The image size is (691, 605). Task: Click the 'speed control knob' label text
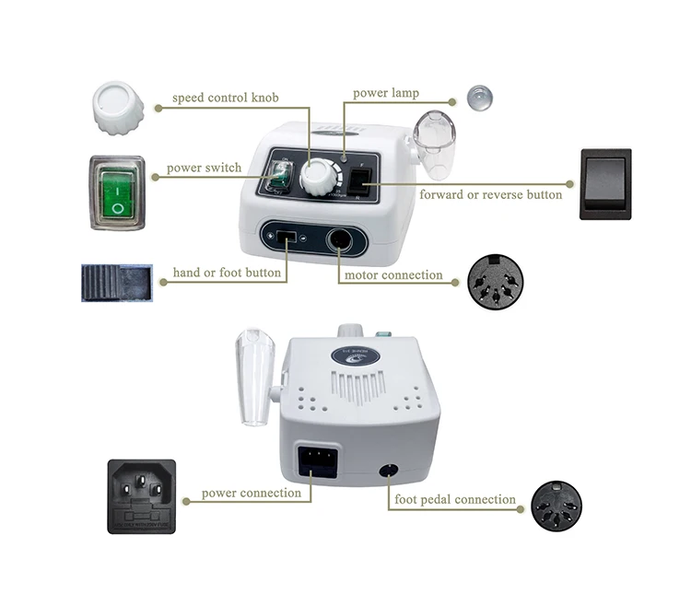pyautogui.click(x=225, y=98)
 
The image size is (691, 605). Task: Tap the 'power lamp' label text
pyautogui.click(x=386, y=93)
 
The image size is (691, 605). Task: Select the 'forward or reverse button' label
pyautogui.click(x=490, y=194)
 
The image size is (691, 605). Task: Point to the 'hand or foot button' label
pyautogui.click(x=227, y=273)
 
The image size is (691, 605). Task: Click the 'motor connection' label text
pyautogui.click(x=393, y=275)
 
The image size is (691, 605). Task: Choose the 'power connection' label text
pyautogui.click(x=252, y=494)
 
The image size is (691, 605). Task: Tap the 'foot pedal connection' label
pyautogui.click(x=455, y=499)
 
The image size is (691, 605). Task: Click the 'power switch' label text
pyautogui.click(x=204, y=168)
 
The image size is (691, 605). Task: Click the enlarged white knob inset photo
pyautogui.click(x=118, y=108)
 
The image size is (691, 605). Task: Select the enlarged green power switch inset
pyautogui.click(x=117, y=192)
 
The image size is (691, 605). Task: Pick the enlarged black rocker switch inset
pyautogui.click(x=606, y=184)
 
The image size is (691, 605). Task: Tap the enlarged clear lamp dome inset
pyautogui.click(x=480, y=98)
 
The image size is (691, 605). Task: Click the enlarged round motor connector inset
pyautogui.click(x=496, y=282)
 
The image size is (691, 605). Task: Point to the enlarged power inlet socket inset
pyautogui.click(x=142, y=496)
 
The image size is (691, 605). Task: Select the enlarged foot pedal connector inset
pyautogui.click(x=556, y=506)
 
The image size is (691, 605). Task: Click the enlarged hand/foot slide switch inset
pyautogui.click(x=117, y=283)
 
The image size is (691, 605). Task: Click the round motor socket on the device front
pyautogui.click(x=339, y=241)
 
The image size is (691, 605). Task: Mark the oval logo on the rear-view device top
pyautogui.click(x=356, y=355)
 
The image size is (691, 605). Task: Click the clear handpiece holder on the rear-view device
pyautogui.click(x=255, y=378)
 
